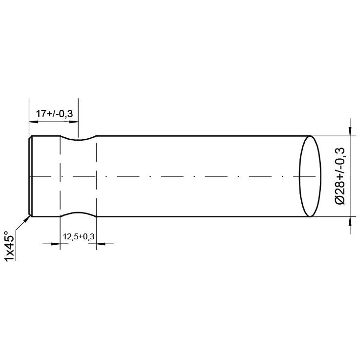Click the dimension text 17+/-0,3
pos(54,114)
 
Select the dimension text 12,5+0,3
pos(78,237)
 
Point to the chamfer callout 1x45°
pos(8,246)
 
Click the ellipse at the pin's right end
pos(309,176)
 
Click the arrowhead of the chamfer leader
pos(26,218)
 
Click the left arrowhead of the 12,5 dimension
pos(55,243)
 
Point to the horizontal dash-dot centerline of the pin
pos(195,176)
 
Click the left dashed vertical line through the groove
pos(60,186)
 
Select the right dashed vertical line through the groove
pos(96,186)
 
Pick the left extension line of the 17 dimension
pos(29,117)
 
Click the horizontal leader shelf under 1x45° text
pos(16,244)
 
